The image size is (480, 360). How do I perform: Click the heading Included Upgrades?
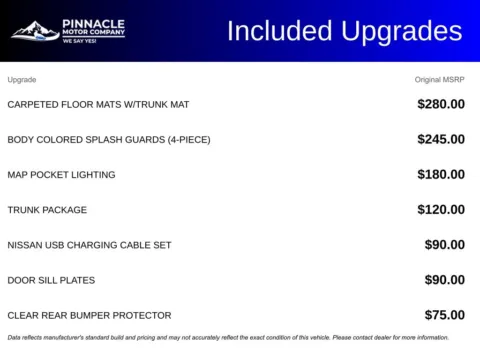pyautogui.click(x=344, y=31)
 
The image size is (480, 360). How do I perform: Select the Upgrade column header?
pyautogui.click(x=22, y=79)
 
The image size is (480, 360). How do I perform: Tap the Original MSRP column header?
pyautogui.click(x=440, y=79)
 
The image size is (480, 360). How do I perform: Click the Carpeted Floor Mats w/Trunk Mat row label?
pyautogui.click(x=98, y=104)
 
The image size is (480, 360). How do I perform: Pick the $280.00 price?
pyautogui.click(x=441, y=104)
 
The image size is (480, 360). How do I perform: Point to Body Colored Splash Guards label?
pyautogui.click(x=109, y=139)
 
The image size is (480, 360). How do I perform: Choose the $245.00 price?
pyautogui.click(x=441, y=139)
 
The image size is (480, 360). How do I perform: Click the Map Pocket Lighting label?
pyautogui.click(x=61, y=174)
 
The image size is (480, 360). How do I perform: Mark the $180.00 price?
pyautogui.click(x=441, y=174)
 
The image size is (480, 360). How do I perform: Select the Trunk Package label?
pyautogui.click(x=47, y=210)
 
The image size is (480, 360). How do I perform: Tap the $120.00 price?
pyautogui.click(x=441, y=210)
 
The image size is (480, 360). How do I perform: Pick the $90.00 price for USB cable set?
pyautogui.click(x=445, y=245)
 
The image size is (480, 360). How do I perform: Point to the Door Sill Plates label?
pyautogui.click(x=50, y=280)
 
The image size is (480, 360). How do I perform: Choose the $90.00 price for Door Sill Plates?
pyautogui.click(x=445, y=280)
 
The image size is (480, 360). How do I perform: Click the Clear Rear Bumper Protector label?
pyautogui.click(x=89, y=315)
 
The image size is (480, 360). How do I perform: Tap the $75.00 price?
pyautogui.click(x=445, y=315)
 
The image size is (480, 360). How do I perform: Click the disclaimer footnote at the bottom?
pyautogui.click(x=228, y=338)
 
